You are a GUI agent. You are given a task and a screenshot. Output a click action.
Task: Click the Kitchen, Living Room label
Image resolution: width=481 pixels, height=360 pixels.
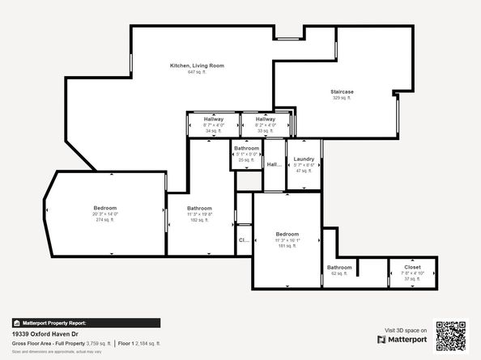coord(197,66)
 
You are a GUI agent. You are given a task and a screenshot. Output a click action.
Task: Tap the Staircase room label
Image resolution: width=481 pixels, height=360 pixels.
coord(342,91)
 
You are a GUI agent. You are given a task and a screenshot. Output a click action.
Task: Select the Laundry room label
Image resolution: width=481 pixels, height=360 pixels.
coord(304,159)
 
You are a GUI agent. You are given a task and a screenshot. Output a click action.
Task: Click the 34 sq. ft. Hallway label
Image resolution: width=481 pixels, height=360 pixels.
coord(214,120)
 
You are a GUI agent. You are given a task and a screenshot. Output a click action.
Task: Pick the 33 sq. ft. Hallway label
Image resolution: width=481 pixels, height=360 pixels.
coord(266,120)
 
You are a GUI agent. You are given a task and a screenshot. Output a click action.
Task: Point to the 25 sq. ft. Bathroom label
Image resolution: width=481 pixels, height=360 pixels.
coord(246,149)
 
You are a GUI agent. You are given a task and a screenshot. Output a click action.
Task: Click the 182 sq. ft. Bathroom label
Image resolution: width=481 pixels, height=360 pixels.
coord(199,208)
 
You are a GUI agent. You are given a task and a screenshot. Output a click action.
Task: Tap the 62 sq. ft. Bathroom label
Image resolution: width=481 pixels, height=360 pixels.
coord(339,268)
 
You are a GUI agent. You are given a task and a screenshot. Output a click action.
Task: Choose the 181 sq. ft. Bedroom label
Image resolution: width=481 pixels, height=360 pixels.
coord(287,235)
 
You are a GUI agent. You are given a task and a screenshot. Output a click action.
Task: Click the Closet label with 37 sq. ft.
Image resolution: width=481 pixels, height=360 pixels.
coord(413,267)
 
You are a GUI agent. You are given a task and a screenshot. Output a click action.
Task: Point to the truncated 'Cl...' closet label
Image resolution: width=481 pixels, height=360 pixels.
coord(243,240)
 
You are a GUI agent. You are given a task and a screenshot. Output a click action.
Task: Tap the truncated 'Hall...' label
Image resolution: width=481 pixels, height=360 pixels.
coord(274,165)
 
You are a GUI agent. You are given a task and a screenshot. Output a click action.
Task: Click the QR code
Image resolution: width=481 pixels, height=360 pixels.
coord(452,336)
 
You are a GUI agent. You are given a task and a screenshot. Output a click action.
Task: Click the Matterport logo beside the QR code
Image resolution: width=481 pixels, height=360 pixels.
coord(402,340)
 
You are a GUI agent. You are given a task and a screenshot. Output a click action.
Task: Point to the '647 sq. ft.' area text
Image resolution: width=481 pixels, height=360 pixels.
coord(197,72)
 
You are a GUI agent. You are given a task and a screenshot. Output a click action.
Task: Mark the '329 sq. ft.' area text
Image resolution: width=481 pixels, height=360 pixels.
coord(342,98)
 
